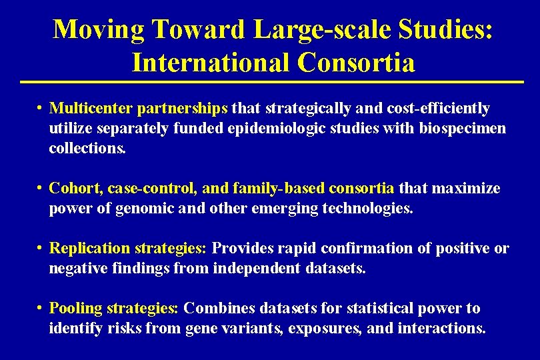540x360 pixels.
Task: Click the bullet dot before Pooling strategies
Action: coord(41,309)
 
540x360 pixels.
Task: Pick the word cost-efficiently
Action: coord(436,108)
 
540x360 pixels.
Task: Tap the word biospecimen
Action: coord(463,128)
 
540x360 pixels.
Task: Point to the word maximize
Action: coord(466,189)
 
